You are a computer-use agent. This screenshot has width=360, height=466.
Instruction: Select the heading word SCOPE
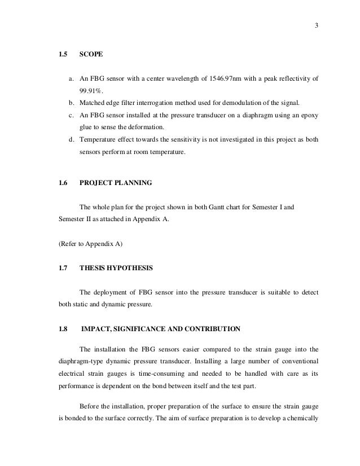91,56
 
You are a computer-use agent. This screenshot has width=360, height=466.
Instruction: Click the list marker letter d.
71,141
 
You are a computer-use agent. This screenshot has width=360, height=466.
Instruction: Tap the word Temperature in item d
100,141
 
